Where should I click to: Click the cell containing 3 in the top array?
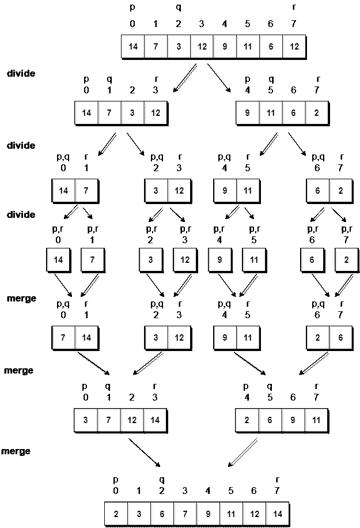click(179, 47)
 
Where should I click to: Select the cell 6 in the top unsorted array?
click(271, 47)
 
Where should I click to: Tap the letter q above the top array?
click(179, 8)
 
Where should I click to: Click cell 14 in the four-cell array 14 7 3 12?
click(86, 112)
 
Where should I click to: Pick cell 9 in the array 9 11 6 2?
click(248, 112)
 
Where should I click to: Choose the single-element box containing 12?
click(185, 260)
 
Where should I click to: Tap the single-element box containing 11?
click(254, 260)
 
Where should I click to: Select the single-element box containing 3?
click(150, 260)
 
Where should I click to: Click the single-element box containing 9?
click(219, 260)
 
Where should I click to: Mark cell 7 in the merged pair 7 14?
click(63, 337)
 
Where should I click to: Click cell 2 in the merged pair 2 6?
click(317, 337)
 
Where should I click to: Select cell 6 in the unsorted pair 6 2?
click(317, 191)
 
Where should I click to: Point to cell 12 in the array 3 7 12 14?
click(132, 420)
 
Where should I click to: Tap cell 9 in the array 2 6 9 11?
click(294, 420)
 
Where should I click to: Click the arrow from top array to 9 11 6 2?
click(218, 77)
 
